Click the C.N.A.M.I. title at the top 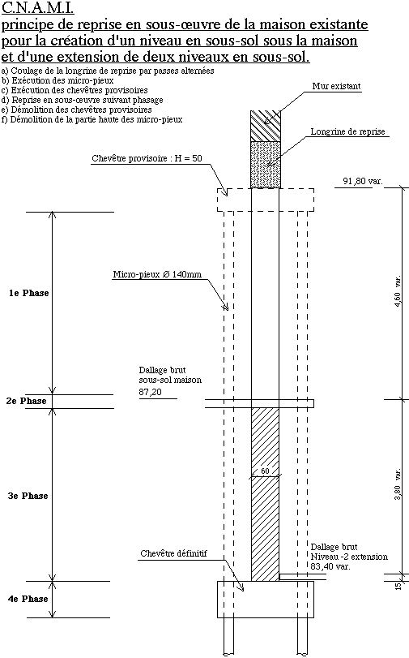coord(38,7)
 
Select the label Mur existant coord(336,86)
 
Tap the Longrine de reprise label coord(347,131)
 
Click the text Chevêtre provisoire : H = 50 coord(147,158)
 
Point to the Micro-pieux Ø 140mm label coord(157,274)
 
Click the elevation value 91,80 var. coord(363,181)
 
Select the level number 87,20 coord(150,392)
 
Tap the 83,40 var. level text coord(330,566)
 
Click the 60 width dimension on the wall coord(266,471)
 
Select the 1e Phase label coord(29,293)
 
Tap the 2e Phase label coord(27,401)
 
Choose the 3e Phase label coord(28,496)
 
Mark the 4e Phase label coord(28,599)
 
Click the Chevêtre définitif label coord(173,553)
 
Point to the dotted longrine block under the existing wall coord(266,165)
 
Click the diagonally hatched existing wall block coord(266,126)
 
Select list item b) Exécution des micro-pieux coord(58,80)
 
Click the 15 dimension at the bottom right coord(398,586)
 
